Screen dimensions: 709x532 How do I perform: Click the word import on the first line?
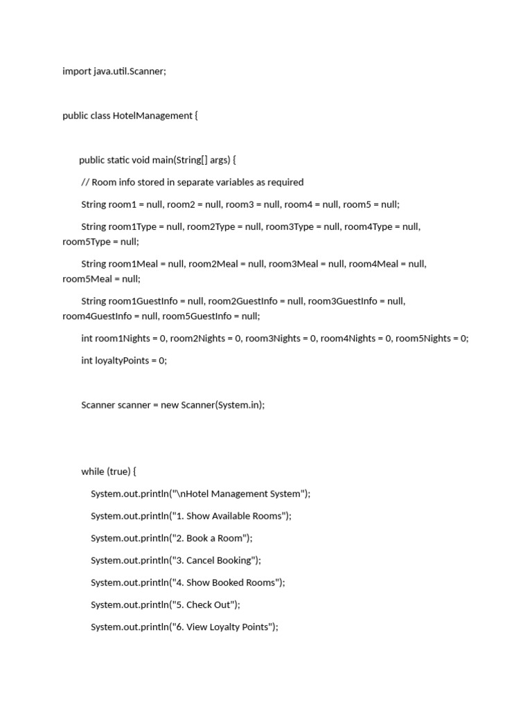pyautogui.click(x=77, y=71)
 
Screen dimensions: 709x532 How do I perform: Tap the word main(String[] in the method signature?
pyautogui.click(x=179, y=160)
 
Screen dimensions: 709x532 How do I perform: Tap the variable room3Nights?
pyautogui.click(x=273, y=339)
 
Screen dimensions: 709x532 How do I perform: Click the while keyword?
pyautogui.click(x=93, y=472)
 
